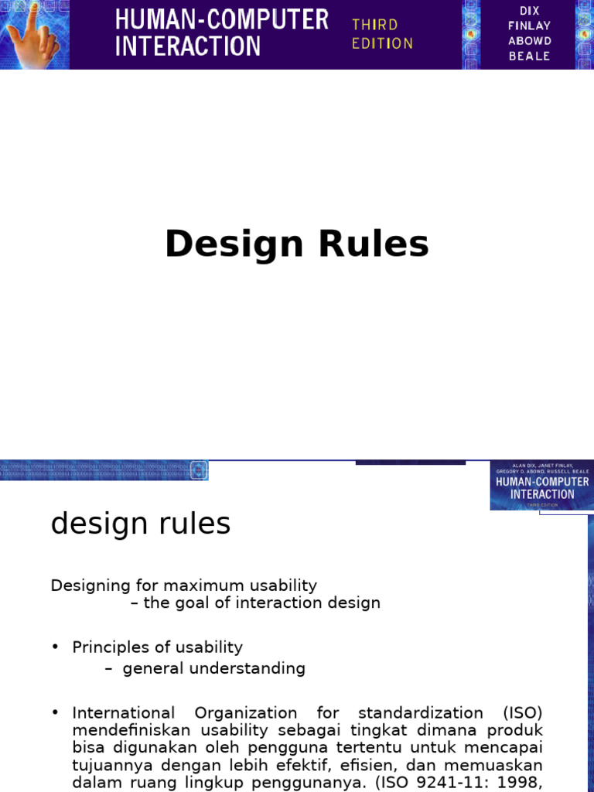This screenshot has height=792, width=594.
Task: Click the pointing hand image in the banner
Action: coord(34,34)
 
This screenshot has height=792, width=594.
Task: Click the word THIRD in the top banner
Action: coord(375,25)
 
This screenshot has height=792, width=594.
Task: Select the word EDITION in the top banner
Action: coord(382,44)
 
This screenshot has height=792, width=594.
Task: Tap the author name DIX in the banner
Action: coord(530,9)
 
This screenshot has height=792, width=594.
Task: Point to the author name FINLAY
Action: coord(530,26)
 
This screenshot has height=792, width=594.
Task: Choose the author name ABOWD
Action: coord(530,41)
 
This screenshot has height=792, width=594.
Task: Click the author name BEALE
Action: coord(530,56)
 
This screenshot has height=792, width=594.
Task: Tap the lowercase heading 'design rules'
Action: coord(141,524)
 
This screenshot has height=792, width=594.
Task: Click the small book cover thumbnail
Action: coord(541,486)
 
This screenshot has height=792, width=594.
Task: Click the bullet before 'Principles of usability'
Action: coord(56,647)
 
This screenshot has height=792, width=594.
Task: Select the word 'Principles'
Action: coord(110,647)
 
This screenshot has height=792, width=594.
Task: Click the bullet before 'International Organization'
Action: coord(56,712)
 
